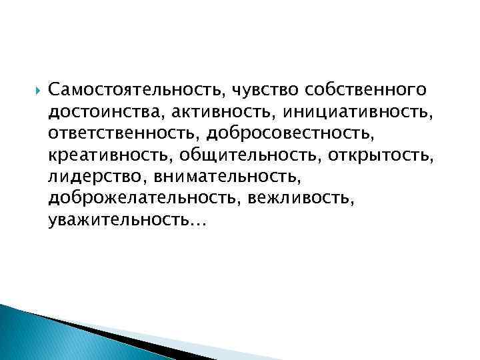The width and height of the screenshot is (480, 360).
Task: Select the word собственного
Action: point(365,89)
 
